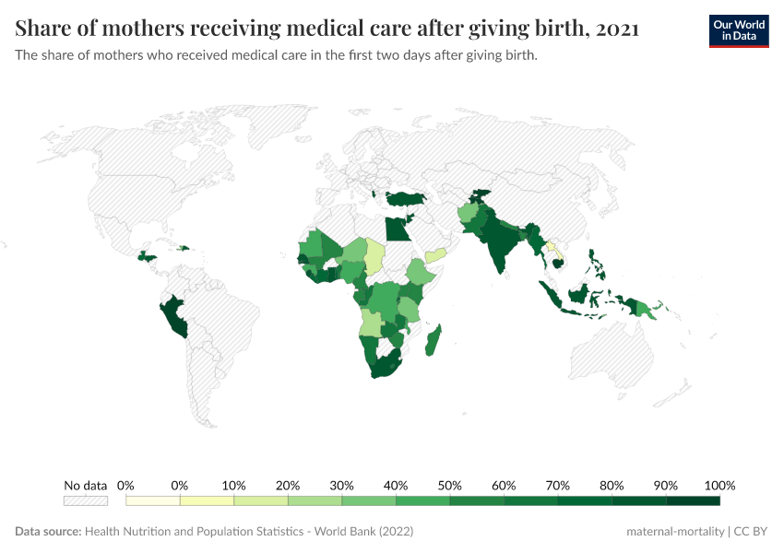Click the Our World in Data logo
tap(738, 31)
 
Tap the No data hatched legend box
tap(85, 500)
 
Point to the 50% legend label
tap(449, 486)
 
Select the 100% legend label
tap(719, 486)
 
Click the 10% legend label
tap(233, 486)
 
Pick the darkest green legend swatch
tap(693, 500)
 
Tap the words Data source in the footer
tap(47, 532)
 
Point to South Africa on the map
tap(382, 367)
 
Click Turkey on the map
tap(407, 198)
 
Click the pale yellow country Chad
tap(375, 256)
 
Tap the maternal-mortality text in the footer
tap(673, 532)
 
